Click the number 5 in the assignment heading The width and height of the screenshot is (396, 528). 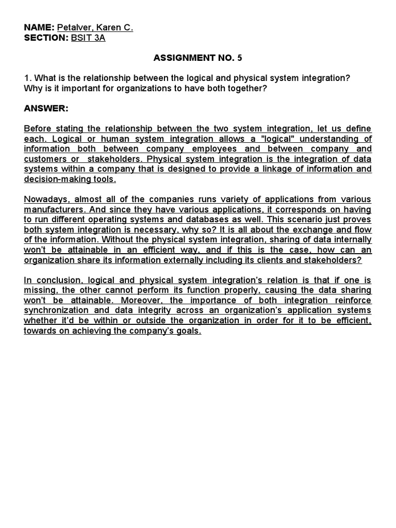(x=239, y=58)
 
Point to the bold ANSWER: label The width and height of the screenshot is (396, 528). (x=46, y=109)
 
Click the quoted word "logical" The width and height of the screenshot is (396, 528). (x=251, y=139)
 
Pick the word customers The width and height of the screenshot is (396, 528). (x=44, y=159)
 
